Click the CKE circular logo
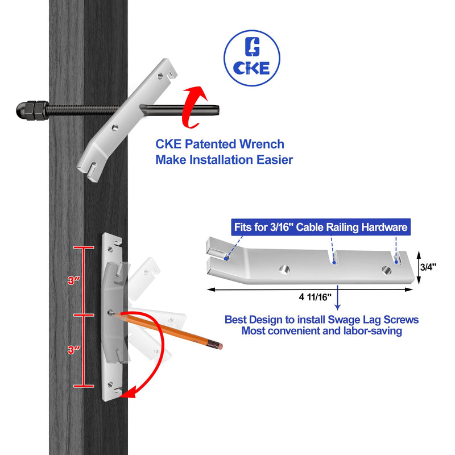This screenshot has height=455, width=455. (252, 57)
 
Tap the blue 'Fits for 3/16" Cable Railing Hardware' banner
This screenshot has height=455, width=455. (321, 228)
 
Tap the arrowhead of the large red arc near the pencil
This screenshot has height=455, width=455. (132, 392)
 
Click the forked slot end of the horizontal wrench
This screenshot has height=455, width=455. (216, 255)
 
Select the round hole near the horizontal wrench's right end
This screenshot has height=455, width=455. (387, 270)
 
